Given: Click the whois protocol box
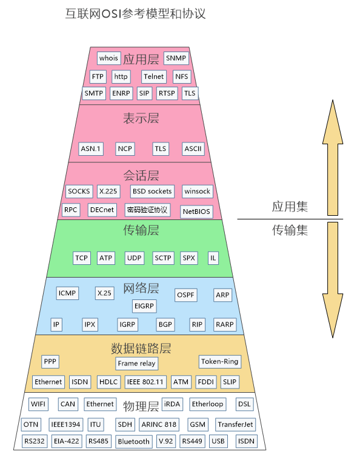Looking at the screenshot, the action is point(108,58).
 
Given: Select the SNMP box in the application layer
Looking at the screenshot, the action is point(176,58).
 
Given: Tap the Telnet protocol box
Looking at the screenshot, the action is point(153,76).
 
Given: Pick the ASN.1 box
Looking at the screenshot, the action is point(91,148).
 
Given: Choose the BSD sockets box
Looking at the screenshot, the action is point(152,191).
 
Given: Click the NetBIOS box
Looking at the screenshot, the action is point(196,212).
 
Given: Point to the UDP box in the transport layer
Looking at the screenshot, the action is point(134,258).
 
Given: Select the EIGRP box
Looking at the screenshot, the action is point(144,306).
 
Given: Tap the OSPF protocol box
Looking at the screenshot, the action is point(185,295).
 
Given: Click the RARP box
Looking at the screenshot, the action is point(225,324).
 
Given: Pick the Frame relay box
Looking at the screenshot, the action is point(136,364).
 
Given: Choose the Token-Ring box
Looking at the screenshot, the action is point(220,361).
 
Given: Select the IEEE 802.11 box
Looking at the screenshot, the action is point(145,382).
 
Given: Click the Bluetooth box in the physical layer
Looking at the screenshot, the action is point(134,442).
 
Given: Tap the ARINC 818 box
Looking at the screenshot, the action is point(159,424).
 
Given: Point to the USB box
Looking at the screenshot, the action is point(218,441).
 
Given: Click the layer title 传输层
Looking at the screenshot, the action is point(141,230).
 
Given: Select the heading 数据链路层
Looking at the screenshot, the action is point(141,349).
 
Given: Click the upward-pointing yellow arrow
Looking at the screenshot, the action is point(333,158).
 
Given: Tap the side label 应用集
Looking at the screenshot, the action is point(290,207).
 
